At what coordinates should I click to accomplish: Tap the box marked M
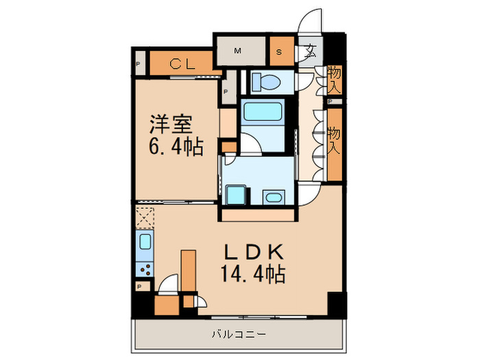pos(238,51)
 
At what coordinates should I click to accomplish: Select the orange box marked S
pos(280,51)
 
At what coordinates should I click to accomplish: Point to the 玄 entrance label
pos(311,51)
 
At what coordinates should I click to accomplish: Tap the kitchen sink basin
pos(145,241)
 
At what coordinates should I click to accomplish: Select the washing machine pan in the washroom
pos(236,195)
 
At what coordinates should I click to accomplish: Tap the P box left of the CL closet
pos(139,65)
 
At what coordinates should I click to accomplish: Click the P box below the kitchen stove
pos(140,287)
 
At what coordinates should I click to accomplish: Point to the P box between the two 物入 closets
pos(331,102)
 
